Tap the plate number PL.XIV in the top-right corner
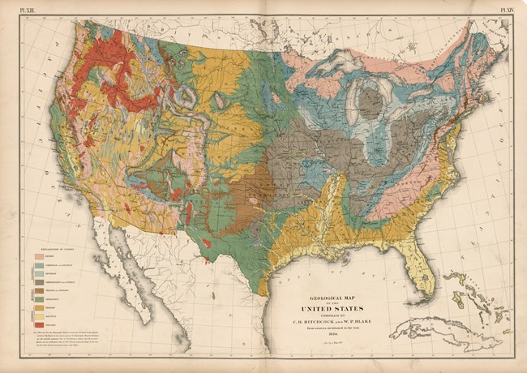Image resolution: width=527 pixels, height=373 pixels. click(x=508, y=9)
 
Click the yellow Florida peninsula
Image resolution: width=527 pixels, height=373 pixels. click(x=421, y=277)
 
